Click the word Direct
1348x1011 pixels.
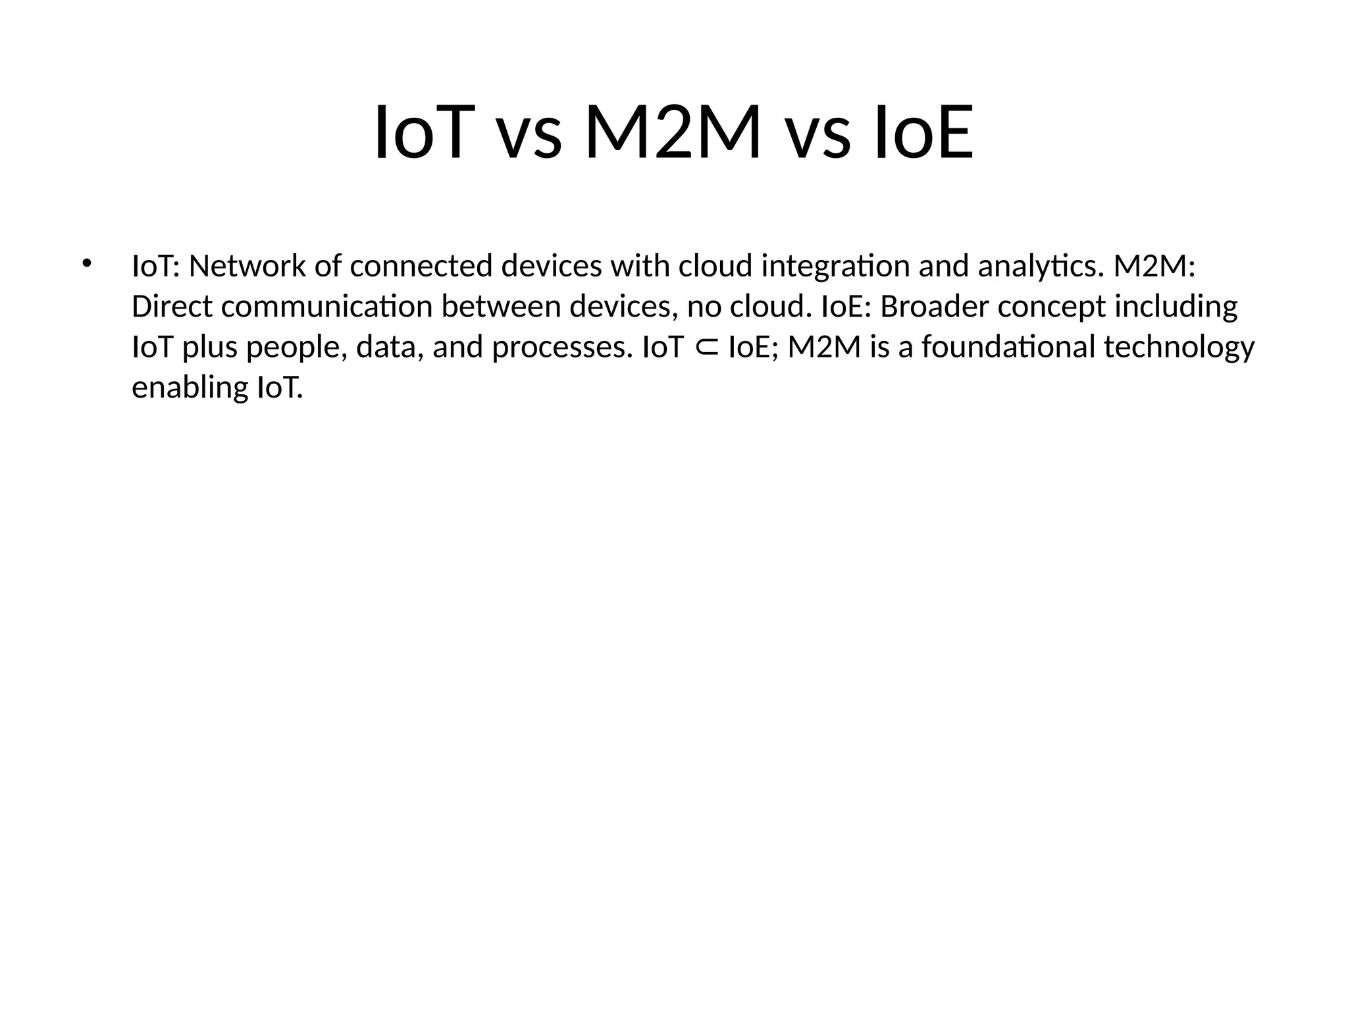[172, 307]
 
